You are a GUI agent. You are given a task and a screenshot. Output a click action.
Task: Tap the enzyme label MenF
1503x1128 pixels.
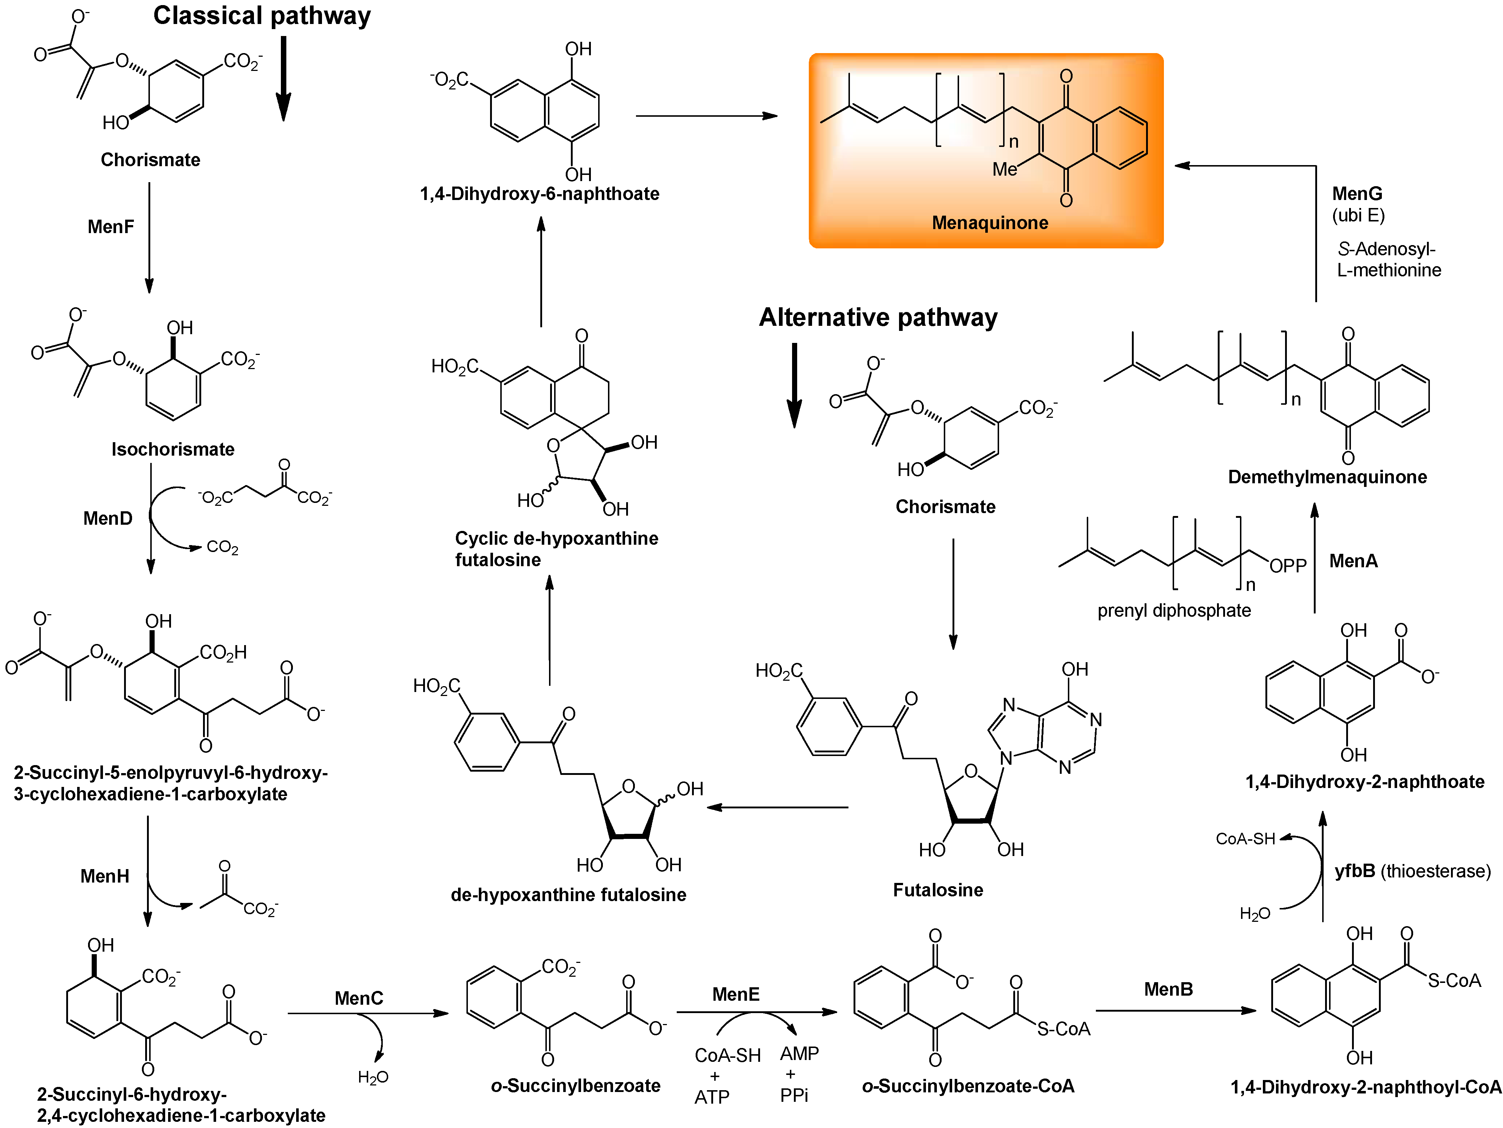(x=111, y=227)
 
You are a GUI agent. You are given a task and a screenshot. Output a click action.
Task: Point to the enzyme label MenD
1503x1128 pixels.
(x=107, y=519)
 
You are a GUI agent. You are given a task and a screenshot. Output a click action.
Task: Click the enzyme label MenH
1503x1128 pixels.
(x=105, y=876)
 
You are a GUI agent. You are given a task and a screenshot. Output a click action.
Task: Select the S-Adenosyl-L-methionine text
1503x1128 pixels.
(x=1388, y=259)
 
